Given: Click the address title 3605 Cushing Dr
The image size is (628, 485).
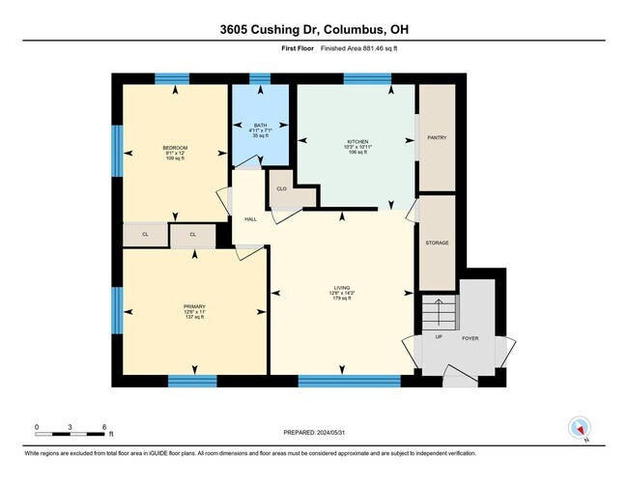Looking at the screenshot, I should (314, 29).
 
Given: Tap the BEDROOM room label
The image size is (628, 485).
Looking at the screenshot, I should (175, 147).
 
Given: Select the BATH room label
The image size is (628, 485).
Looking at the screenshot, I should (260, 126).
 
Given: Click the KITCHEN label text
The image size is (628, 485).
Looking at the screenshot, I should (358, 141).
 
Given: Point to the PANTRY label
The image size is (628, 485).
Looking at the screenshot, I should (437, 138).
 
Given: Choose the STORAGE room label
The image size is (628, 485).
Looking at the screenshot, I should (437, 242).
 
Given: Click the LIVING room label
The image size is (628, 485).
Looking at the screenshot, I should (342, 287).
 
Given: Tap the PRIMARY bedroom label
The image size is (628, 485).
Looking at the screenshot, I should (195, 305).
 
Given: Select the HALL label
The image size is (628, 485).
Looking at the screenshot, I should (250, 219).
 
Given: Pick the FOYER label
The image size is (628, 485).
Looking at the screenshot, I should (471, 338).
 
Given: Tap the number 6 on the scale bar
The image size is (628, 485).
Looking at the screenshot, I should (104, 425).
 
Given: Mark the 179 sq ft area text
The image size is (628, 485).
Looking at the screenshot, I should (342, 299).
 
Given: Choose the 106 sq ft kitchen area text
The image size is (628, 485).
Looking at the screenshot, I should (358, 153).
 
